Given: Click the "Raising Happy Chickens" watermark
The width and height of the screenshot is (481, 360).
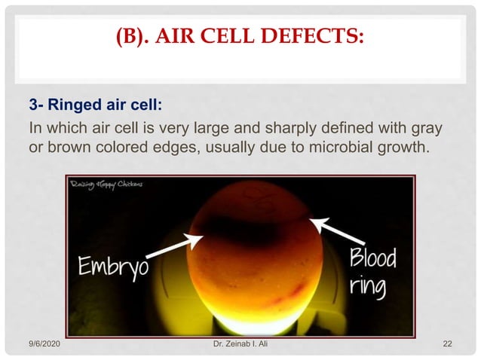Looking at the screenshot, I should [106, 182].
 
